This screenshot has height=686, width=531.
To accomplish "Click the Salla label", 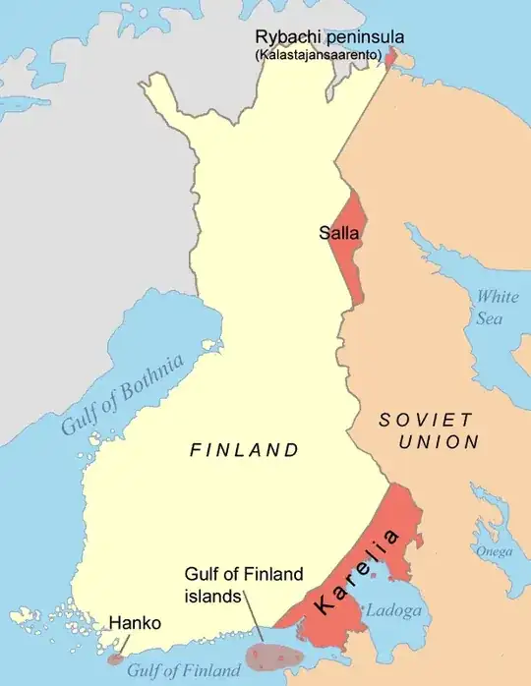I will (337, 234).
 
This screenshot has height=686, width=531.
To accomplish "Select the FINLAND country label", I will (244, 450).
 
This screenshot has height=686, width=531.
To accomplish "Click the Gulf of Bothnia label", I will (123, 397).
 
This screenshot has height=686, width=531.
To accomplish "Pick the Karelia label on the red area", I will (358, 572).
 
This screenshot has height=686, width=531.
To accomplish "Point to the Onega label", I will (495, 551).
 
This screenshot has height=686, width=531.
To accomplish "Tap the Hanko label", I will (135, 623).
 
